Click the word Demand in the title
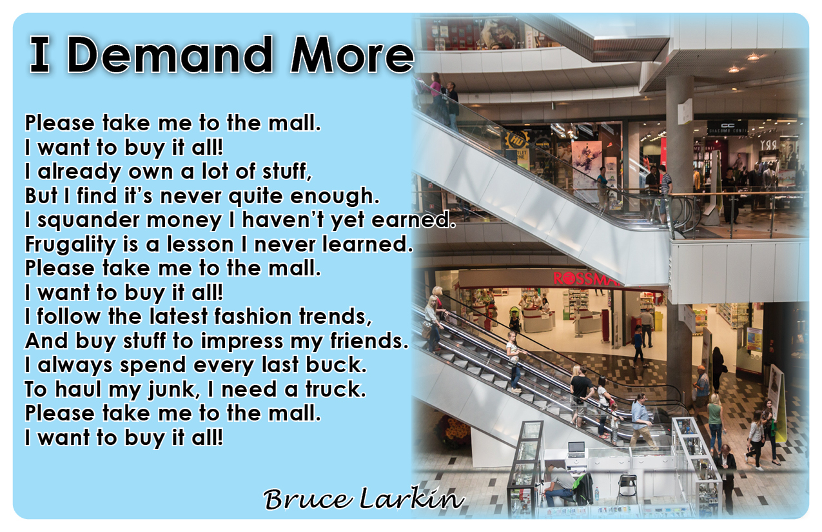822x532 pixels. [170, 55]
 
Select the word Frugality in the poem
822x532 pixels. [70, 245]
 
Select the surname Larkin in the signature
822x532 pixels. [412, 498]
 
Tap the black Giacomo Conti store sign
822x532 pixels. [727, 128]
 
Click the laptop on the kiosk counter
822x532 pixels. [576, 449]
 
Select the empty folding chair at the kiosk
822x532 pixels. [627, 488]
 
